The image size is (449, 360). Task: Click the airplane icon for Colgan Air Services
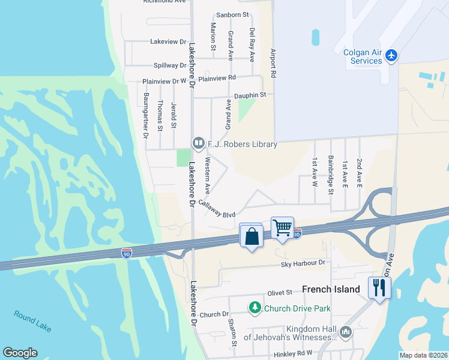(392, 56)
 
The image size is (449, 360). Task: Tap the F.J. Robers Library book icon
(197, 143)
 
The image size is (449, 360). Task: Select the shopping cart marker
(282, 228)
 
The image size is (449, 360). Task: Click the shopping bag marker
(251, 235)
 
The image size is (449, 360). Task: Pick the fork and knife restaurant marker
(379, 287)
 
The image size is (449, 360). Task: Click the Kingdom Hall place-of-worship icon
(345, 332)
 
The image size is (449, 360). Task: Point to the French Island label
(331, 289)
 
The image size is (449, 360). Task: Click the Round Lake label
(33, 321)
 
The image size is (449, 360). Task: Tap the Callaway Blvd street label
(217, 209)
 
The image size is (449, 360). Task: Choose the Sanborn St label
(232, 14)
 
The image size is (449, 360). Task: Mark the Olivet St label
(279, 292)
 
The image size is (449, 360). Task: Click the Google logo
(20, 353)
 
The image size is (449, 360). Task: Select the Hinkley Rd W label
(293, 354)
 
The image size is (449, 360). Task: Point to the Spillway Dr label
(166, 65)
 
